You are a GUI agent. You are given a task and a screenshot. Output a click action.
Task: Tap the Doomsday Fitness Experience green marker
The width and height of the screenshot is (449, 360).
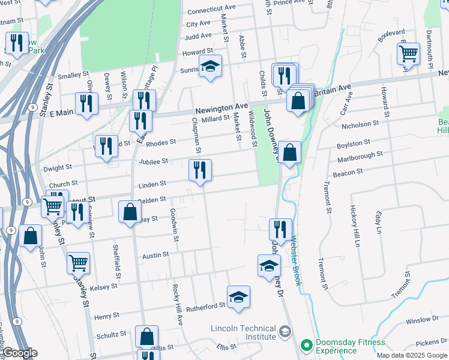click(x=307, y=345)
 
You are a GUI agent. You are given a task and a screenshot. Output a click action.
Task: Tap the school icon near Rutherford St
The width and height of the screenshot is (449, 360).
click(x=238, y=296)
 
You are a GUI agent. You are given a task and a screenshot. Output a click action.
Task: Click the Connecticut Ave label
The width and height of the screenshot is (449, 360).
click(x=211, y=11)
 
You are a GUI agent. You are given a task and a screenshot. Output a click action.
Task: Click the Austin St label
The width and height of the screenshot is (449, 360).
click(x=155, y=256)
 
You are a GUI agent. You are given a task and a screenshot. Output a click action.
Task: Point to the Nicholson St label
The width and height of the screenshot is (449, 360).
click(x=360, y=124)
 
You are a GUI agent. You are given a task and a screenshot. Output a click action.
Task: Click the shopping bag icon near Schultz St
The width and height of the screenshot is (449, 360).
click(x=146, y=336)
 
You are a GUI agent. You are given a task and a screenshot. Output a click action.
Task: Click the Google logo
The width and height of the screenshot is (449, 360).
click(x=20, y=353)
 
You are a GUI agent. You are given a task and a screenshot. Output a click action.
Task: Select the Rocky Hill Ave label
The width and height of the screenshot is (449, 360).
click(x=178, y=305)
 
